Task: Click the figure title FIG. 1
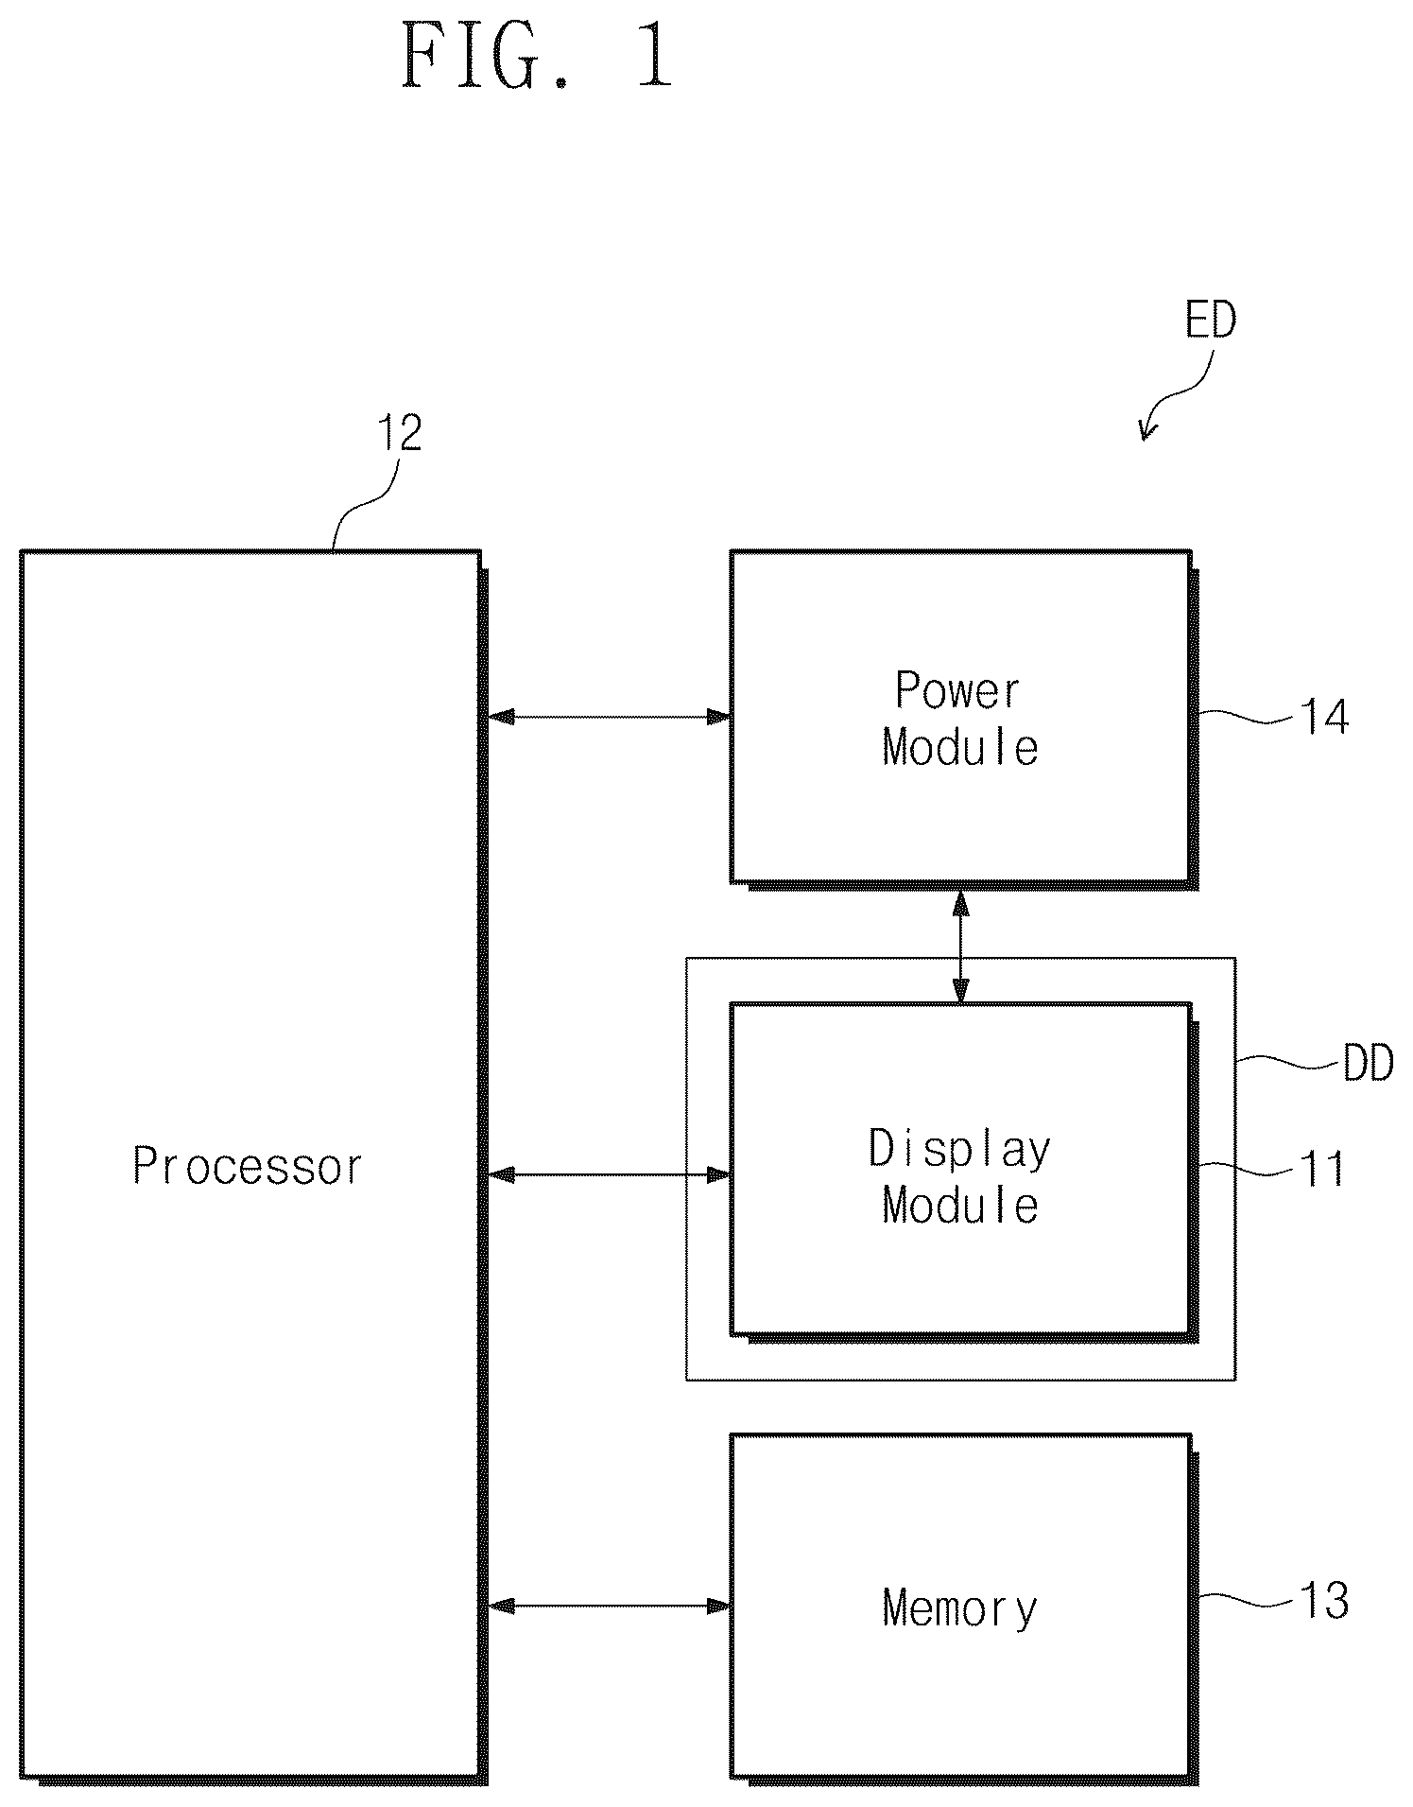pos(537,57)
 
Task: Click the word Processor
pos(248,1167)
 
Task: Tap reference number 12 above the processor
pos(400,434)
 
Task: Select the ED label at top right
pos(1211,321)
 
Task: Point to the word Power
pos(958,691)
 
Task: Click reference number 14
pos(1325,718)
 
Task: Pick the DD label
pos(1369,1066)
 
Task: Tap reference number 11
pos(1322,1171)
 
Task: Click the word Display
pos(960,1150)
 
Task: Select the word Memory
pos(960,1608)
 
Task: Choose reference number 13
pos(1325,1602)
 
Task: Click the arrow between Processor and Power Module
pos(610,717)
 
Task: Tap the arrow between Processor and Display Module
pos(610,1175)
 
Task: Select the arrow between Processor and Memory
pos(610,1606)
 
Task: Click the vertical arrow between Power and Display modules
pos(961,947)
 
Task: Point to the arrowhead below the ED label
pos(1146,432)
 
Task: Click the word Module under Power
pos(960,748)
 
